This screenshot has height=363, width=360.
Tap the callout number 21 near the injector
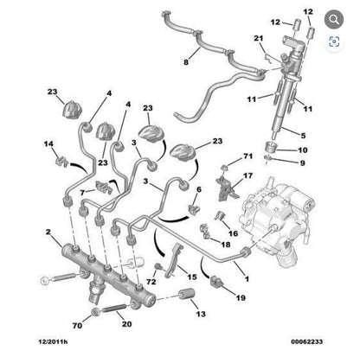point(259,39)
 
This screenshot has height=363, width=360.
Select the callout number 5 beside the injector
point(302,135)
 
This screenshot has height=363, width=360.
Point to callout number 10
point(303,150)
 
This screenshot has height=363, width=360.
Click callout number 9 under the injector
point(303,162)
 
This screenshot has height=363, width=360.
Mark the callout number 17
point(247,175)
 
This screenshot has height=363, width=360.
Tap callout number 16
point(233,233)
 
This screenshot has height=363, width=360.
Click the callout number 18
point(225,246)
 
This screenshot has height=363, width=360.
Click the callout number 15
point(192,276)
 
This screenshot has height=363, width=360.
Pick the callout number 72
point(151,282)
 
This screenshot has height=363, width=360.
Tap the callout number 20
point(126,325)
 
